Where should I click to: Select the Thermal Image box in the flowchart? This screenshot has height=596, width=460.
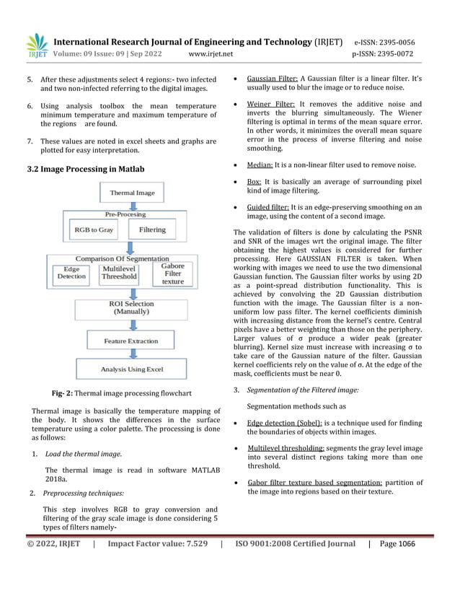(x=132, y=193)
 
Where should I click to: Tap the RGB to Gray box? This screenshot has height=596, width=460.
(x=94, y=229)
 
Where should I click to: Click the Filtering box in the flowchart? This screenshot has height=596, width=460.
(x=151, y=229)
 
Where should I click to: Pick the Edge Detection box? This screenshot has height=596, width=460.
(x=71, y=272)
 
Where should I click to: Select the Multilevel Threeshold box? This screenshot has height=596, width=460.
(x=119, y=272)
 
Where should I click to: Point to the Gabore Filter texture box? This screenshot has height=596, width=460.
(x=172, y=273)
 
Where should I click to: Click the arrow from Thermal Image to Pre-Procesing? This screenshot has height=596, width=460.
(x=133, y=206)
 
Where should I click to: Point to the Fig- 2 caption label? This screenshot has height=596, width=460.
(x=63, y=394)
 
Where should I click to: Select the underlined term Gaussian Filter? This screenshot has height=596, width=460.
(x=272, y=78)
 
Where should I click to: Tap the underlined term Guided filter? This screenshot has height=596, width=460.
(x=269, y=207)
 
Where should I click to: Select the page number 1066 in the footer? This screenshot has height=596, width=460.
(x=407, y=544)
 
